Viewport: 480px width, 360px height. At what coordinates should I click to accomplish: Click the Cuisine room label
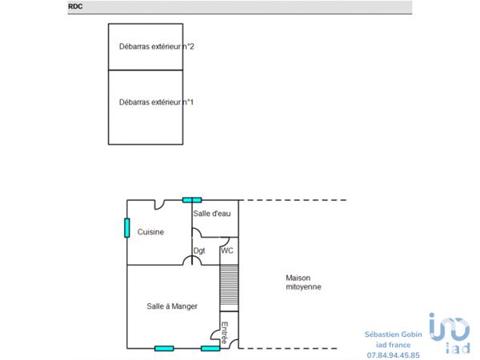coord(150,232)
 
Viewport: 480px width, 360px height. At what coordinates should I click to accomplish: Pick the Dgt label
coord(199,250)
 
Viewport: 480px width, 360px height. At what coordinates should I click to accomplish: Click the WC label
coord(227,250)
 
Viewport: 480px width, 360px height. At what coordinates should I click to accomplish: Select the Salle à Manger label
coord(172,306)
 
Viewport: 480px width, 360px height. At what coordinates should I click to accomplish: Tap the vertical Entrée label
coord(226,333)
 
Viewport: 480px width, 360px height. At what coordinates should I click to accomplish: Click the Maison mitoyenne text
coord(304,282)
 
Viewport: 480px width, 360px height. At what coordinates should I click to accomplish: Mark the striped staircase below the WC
coord(229,286)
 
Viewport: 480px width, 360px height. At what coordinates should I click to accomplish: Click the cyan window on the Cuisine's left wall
coord(126,228)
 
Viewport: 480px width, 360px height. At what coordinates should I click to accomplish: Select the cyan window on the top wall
coord(192,200)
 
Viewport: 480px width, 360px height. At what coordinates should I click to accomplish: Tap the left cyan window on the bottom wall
coord(164,348)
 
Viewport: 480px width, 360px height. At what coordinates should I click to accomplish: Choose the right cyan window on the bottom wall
coord(210,348)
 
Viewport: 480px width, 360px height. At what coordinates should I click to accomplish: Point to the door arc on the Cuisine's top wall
coord(160,205)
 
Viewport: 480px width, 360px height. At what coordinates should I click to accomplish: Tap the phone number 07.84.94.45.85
coord(393,354)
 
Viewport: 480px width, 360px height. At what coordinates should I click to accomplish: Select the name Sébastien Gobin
coord(393,333)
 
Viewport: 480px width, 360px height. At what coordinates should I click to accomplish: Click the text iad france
coord(393,344)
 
